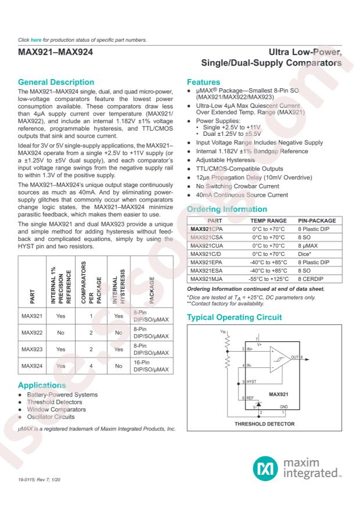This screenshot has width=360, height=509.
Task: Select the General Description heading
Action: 56,82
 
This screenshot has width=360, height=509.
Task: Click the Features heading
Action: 203,82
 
